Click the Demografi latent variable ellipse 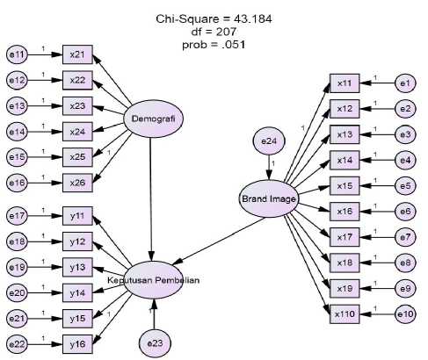point(153,119)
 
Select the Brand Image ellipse point(269,199)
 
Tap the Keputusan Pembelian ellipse point(153,280)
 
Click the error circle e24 point(269,141)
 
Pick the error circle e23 point(155,343)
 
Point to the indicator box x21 point(77,54)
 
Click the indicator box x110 point(345,314)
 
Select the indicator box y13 point(77,267)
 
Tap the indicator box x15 point(345,186)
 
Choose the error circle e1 point(405,83)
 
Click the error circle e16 point(17,183)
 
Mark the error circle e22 point(17,344)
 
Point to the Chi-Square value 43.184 point(252,19)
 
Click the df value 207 point(225,32)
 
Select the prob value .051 point(232,45)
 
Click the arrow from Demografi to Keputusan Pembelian point(151,199)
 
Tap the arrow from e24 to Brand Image point(269,168)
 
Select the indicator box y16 point(77,344)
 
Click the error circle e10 point(405,314)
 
